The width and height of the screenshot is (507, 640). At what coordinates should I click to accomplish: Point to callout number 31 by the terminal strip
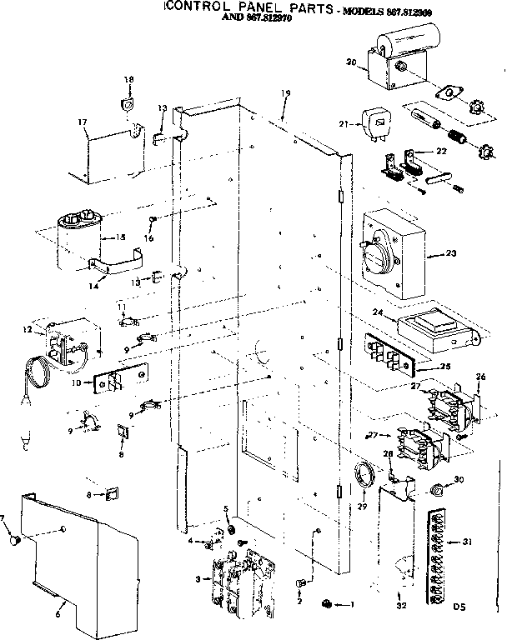point(467,542)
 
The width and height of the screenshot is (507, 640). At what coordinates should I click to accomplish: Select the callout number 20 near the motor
point(351,62)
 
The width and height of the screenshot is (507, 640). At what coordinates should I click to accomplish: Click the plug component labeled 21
point(375,123)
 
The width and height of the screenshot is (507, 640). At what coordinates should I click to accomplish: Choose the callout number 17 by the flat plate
point(83,122)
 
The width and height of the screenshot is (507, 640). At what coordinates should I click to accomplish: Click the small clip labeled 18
point(128,103)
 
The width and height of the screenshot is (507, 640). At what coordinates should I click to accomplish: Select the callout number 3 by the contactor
point(197,578)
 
